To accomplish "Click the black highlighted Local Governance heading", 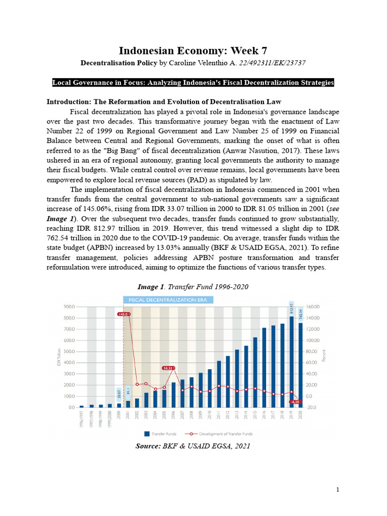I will pyautogui.click(x=193, y=83).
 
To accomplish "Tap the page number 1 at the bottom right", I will pyautogui.click(x=338, y=489).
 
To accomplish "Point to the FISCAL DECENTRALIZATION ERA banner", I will pyautogui.click(x=168, y=299).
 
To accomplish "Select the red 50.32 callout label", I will pyautogui.click(x=169, y=368).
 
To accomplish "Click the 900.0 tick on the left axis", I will pyautogui.click(x=69, y=306).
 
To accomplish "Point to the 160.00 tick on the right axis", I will pyautogui.click(x=313, y=306).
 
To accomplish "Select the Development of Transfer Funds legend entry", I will pyautogui.click(x=222, y=433).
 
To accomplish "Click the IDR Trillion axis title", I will pyautogui.click(x=59, y=356).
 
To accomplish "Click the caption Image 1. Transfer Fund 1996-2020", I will pyautogui.click(x=193, y=287).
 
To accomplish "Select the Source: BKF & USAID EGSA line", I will pyautogui.click(x=193, y=446).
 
